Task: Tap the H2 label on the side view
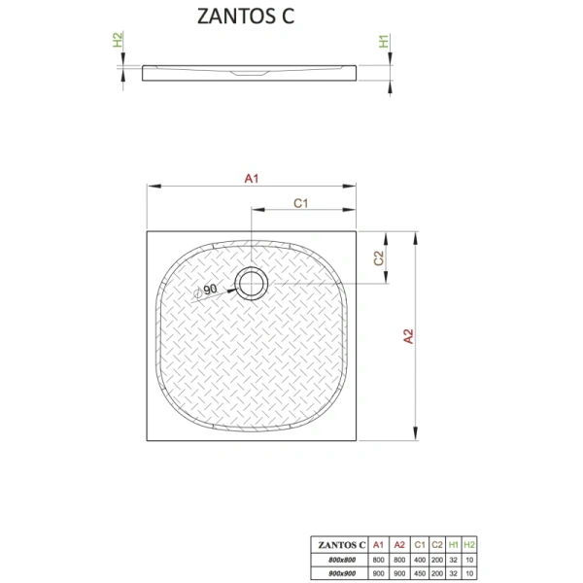(x=118, y=42)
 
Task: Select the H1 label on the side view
(x=385, y=42)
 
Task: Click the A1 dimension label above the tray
(x=251, y=178)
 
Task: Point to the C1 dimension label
(x=301, y=203)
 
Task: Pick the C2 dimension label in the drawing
(x=380, y=258)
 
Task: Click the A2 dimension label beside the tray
(x=409, y=336)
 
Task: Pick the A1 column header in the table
(x=380, y=543)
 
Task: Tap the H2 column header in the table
(x=470, y=543)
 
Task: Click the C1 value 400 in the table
(x=418, y=558)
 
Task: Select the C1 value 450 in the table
(x=418, y=570)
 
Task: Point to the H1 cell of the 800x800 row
(x=454, y=558)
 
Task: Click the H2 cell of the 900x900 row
(x=470, y=570)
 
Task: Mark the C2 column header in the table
(x=436, y=543)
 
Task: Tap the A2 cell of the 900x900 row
(x=399, y=570)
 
